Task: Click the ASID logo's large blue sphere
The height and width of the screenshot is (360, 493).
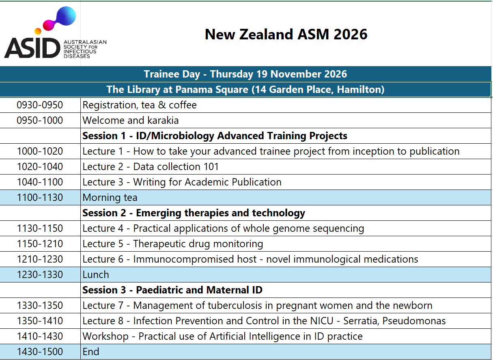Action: [x=66, y=16]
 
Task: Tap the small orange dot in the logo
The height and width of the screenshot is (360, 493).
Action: [x=38, y=31]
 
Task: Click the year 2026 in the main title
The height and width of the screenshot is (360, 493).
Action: [x=350, y=34]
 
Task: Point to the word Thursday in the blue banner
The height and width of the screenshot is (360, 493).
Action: [x=232, y=74]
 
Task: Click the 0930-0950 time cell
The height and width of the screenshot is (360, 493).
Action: [x=40, y=105]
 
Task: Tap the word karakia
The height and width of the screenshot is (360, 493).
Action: [x=163, y=121]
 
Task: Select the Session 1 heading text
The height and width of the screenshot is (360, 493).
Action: [x=215, y=136]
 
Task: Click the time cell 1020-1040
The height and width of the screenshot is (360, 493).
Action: [x=40, y=167]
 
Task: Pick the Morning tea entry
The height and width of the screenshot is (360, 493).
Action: [x=110, y=198]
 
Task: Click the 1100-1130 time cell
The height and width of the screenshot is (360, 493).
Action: [x=40, y=198]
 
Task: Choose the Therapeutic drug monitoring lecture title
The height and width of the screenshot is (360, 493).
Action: [x=198, y=244]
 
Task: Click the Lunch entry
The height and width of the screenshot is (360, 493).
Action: [x=96, y=275]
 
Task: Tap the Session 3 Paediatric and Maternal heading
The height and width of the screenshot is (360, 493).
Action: [x=172, y=290]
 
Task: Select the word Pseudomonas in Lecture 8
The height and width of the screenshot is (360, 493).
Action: [x=414, y=321]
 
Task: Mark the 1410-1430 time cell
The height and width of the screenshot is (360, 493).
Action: [x=40, y=336]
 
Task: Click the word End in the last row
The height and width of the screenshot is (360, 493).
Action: [x=90, y=351]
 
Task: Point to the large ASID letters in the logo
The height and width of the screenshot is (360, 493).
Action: [x=32, y=48]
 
